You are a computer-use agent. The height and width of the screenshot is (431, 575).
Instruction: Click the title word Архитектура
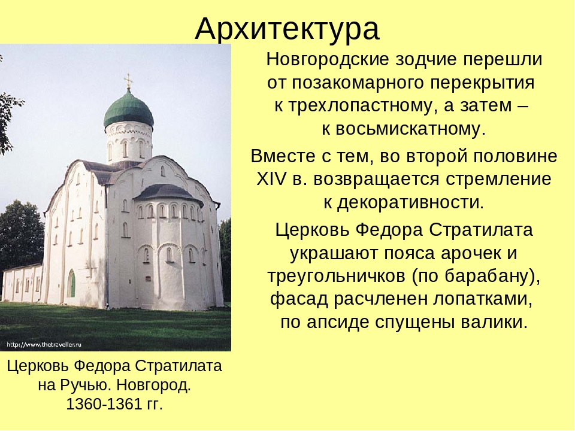pyautogui.click(x=287, y=29)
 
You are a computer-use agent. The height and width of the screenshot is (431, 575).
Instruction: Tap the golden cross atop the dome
pyautogui.click(x=128, y=81)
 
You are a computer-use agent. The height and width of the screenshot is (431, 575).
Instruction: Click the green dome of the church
pyautogui.click(x=128, y=109)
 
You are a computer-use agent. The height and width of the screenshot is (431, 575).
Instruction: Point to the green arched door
pyautogui.click(x=71, y=284)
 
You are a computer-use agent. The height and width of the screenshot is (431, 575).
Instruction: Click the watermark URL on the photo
pyautogui.click(x=44, y=345)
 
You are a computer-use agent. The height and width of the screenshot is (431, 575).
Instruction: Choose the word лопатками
pyautogui.click(x=482, y=299)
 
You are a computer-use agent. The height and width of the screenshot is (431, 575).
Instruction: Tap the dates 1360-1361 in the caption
pyautogui.click(x=104, y=404)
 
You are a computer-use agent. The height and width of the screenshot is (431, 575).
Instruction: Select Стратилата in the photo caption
pyautogui.click(x=178, y=366)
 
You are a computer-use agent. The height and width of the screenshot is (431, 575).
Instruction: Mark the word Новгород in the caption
pyautogui.click(x=154, y=385)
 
